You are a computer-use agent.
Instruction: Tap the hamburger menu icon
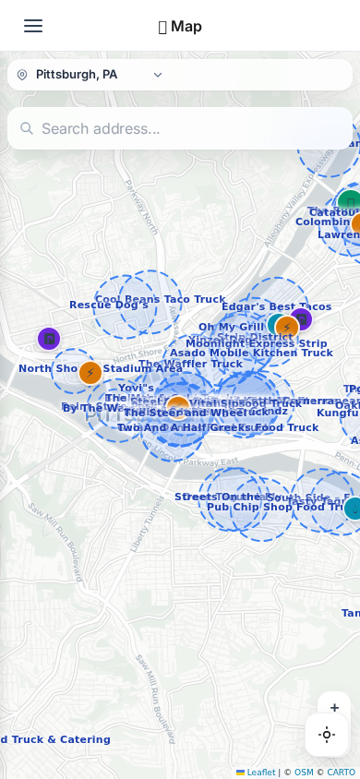pos(33,26)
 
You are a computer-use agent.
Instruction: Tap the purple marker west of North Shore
pos(49,339)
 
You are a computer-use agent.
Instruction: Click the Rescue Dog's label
pos(108,306)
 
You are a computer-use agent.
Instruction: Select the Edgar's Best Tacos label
pos(276,306)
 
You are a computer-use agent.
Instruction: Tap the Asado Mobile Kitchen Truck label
pos(251,353)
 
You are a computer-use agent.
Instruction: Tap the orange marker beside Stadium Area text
pos(90,373)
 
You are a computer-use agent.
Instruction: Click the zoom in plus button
pos(334,708)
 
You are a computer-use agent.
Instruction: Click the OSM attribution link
pos(304,773)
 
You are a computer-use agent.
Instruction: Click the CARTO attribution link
pos(340,773)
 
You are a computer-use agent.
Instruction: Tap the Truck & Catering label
pos(55,739)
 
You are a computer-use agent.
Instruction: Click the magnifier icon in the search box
pos(27,128)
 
